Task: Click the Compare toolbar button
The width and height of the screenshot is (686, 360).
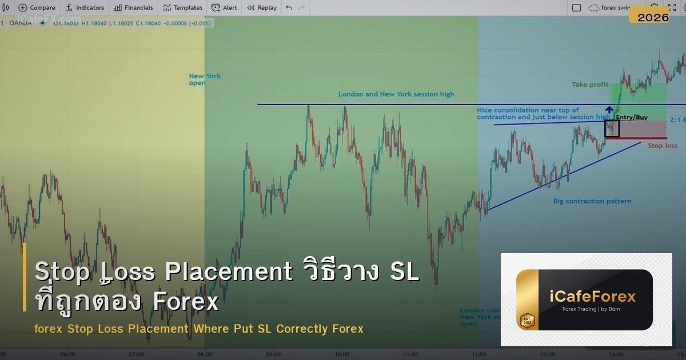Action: pyautogui.click(x=37, y=8)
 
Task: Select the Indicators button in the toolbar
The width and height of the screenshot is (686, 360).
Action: pyautogui.click(x=85, y=8)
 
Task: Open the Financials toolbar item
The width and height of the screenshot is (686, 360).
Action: pyautogui.click(x=133, y=8)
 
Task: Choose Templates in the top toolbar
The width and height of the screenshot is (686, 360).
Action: pyautogui.click(x=182, y=8)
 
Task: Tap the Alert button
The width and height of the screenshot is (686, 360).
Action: pyautogui.click(x=224, y=8)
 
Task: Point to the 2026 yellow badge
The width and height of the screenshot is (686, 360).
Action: pyautogui.click(x=653, y=17)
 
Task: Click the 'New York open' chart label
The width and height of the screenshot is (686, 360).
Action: pyautogui.click(x=205, y=79)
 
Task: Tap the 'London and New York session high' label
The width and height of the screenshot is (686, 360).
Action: pyautogui.click(x=396, y=94)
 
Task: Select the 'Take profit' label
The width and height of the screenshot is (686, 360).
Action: pyautogui.click(x=590, y=85)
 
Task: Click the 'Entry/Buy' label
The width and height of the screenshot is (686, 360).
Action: pyautogui.click(x=632, y=117)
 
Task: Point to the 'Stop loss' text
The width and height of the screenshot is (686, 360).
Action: pyautogui.click(x=663, y=146)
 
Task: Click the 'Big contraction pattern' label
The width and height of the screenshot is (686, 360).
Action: pyautogui.click(x=592, y=201)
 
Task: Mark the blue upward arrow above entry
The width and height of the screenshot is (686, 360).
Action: pyautogui.click(x=609, y=110)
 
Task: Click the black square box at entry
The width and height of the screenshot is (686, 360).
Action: pyautogui.click(x=612, y=129)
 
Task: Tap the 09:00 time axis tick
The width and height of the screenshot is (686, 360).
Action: pyautogui.click(x=273, y=354)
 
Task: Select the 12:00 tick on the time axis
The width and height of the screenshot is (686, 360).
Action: pyautogui.click(x=479, y=354)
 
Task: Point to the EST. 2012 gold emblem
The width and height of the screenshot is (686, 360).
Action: pyautogui.click(x=527, y=320)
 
